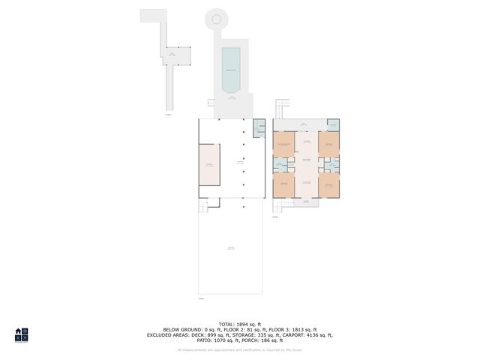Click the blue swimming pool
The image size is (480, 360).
[x=230, y=67]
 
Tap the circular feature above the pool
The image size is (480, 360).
[x=216, y=19]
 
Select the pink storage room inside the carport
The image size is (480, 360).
[x=209, y=164]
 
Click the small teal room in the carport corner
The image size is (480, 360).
[x=259, y=128]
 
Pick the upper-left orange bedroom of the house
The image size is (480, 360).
[x=283, y=144]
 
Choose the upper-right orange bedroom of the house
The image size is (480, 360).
[x=328, y=144]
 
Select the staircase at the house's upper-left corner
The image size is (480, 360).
[x=280, y=109]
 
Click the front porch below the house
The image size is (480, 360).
[x=306, y=201]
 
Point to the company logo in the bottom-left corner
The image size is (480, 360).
[x=22, y=334]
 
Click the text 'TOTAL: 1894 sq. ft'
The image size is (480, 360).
[x=239, y=324]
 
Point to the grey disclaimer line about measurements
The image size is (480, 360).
[x=239, y=349]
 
